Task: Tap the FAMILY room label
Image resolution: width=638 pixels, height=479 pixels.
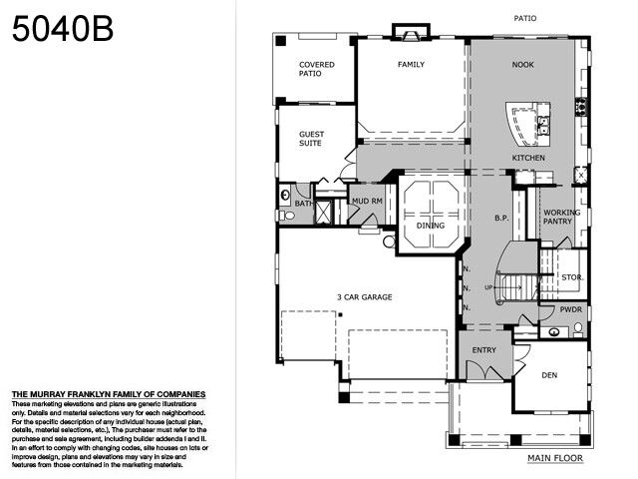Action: point(412,65)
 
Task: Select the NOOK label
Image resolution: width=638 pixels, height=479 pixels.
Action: point(523,65)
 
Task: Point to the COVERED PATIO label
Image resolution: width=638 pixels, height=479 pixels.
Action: point(317,69)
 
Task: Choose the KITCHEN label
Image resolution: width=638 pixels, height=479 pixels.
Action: point(528,159)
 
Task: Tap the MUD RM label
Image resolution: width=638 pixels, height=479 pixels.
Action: point(367,202)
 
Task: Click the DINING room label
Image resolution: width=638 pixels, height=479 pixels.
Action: point(431,226)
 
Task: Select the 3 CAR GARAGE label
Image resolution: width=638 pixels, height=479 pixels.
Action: point(363,297)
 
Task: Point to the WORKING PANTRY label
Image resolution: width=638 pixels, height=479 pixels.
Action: point(563,217)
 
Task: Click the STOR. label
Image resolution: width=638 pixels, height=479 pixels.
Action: point(572,276)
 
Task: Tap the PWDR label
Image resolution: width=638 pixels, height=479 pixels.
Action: point(570,309)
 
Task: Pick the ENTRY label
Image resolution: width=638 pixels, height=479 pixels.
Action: point(483,350)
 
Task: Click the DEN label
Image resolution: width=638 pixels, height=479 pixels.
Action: point(549,375)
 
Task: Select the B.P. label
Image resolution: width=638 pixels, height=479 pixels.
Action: point(502,217)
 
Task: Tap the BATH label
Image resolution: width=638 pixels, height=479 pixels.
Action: point(303,204)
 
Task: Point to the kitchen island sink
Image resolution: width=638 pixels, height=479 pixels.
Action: point(544,124)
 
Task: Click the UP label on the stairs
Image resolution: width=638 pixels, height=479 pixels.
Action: point(488,287)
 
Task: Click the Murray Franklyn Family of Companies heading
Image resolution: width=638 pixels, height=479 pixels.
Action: point(108,394)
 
